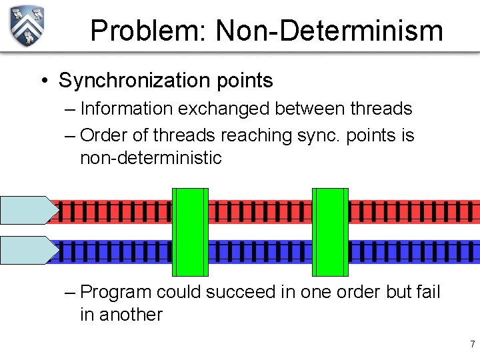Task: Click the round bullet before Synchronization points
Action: click(x=43, y=81)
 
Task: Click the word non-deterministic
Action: click(x=151, y=158)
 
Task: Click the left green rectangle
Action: click(x=190, y=232)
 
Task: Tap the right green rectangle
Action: click(x=330, y=232)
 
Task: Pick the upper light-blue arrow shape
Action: click(x=29, y=210)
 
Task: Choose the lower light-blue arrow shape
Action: click(x=29, y=250)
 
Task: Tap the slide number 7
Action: click(x=472, y=345)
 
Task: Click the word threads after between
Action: click(x=381, y=108)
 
